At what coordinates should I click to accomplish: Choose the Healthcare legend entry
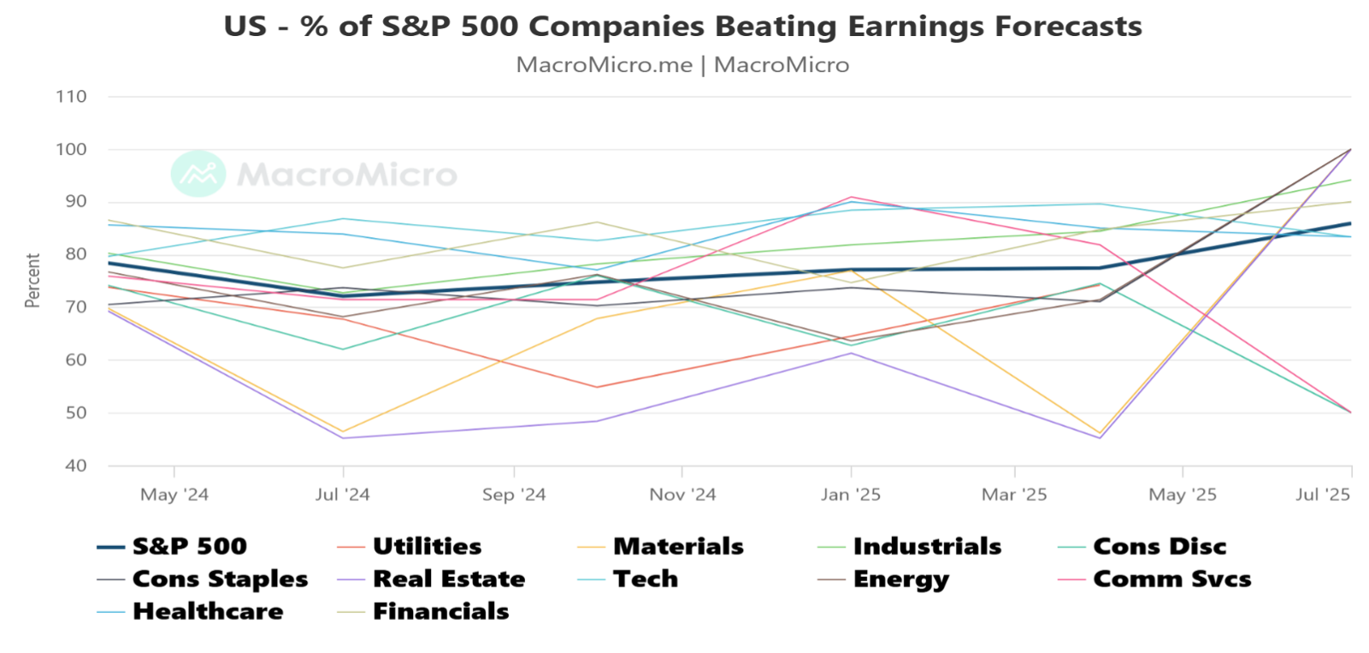point(208,611)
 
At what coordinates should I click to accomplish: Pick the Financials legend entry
point(440,611)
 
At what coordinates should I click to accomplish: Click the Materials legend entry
point(678,546)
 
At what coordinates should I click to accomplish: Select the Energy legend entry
point(900,579)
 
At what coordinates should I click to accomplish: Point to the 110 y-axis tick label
point(72,97)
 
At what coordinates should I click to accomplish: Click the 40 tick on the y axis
point(76,466)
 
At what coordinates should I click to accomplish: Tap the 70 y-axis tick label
point(76,307)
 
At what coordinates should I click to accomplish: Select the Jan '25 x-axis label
point(850,495)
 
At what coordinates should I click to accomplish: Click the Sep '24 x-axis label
point(514,495)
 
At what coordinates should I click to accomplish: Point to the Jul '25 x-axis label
point(1322,495)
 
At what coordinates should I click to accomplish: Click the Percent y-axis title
point(33,280)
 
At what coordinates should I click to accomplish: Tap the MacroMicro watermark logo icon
point(198,174)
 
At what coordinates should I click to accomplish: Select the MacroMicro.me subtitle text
point(604,65)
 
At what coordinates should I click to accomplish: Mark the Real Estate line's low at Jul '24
point(343,438)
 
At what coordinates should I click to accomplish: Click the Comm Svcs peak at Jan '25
point(851,197)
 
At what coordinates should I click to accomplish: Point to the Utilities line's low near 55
point(597,387)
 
